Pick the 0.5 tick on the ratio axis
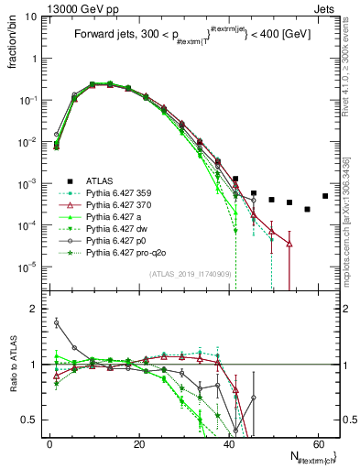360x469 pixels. click(28, 420)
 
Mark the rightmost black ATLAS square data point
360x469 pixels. click(325, 196)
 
